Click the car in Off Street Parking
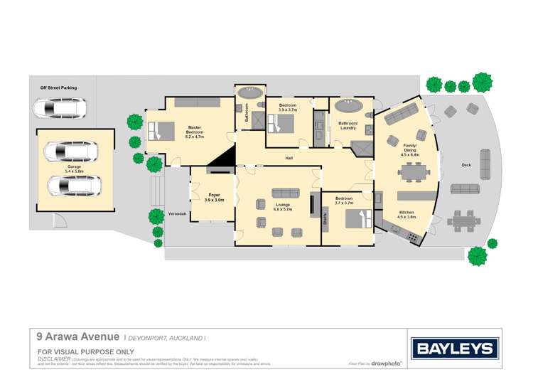[x=60, y=109]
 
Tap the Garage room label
[x=74, y=169]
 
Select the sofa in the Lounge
[x=286, y=193]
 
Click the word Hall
[x=289, y=157]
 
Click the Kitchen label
[x=407, y=213]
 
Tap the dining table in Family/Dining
[x=412, y=171]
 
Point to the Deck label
[x=466, y=165]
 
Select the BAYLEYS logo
[x=455, y=349]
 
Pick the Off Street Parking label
[x=58, y=88]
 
